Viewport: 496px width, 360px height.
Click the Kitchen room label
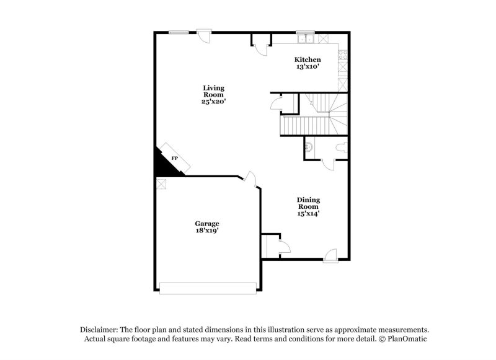(307, 60)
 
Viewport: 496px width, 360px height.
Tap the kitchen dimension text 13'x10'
(307, 67)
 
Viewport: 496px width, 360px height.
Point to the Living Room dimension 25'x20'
(213, 102)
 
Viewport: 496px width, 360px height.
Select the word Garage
(207, 224)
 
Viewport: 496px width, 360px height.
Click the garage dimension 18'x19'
(207, 230)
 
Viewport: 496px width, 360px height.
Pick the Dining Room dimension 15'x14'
(308, 213)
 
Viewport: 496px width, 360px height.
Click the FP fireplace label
(174, 160)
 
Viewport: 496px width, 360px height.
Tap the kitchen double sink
(305, 40)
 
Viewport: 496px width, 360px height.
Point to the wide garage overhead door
(208, 286)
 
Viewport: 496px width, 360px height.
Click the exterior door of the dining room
(330, 254)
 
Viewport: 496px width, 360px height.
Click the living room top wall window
(179, 33)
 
